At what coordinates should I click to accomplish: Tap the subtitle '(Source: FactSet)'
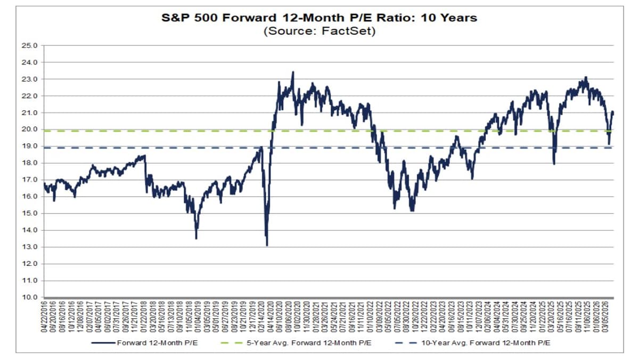click(x=319, y=31)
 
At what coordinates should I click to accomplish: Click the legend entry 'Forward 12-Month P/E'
click(x=154, y=342)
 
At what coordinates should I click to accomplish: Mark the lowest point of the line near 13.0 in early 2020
click(x=266, y=244)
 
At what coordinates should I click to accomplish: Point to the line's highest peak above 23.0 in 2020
click(x=293, y=72)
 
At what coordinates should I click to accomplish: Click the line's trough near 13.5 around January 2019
click(x=196, y=238)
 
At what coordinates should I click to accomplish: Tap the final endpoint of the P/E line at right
click(x=613, y=112)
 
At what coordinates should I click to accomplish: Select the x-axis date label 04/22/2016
click(x=45, y=318)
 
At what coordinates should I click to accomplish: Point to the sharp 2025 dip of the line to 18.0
click(x=554, y=163)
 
